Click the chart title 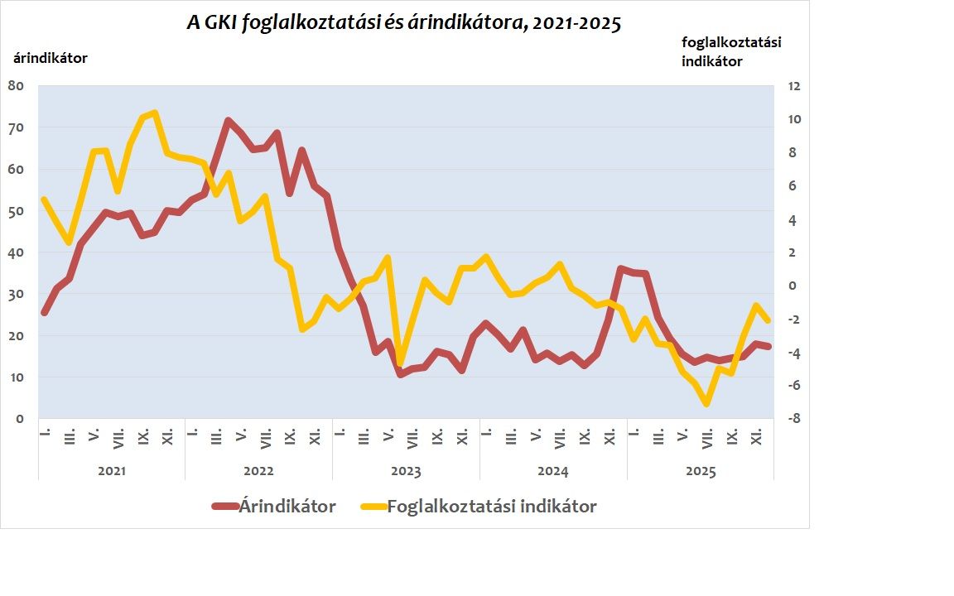pyautogui.click(x=403, y=23)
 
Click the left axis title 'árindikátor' pyautogui.click(x=50, y=58)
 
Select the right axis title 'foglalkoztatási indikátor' pyautogui.click(x=731, y=51)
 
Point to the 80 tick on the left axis pyautogui.click(x=17, y=85)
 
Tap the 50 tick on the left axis pyautogui.click(x=17, y=210)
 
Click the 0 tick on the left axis pyautogui.click(x=20, y=419)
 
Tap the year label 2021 pyautogui.click(x=112, y=472)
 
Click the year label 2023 pyautogui.click(x=406, y=472)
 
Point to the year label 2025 pyautogui.click(x=701, y=472)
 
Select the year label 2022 pyautogui.click(x=258, y=472)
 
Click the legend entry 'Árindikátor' pyautogui.click(x=287, y=507)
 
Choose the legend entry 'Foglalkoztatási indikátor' pyautogui.click(x=491, y=507)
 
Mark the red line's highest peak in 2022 pyautogui.click(x=228, y=121)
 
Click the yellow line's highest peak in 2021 pyautogui.click(x=155, y=113)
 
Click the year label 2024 pyautogui.click(x=553, y=472)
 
